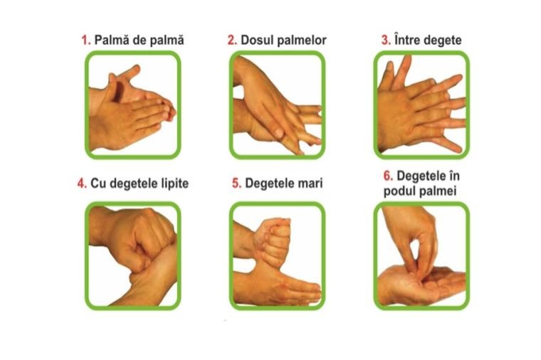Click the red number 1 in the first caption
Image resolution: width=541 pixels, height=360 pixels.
pos(86,41)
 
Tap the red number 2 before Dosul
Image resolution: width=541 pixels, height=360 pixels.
pos(232,41)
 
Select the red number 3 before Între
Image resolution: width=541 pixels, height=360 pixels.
pos(386,41)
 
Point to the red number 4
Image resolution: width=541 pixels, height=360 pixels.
pos(82,184)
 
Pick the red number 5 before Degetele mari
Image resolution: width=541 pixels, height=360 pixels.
pos(236,184)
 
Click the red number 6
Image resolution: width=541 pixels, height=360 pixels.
pos(388,176)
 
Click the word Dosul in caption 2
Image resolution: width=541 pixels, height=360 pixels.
pos(256,40)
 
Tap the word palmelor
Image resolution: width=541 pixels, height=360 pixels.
pos(300,40)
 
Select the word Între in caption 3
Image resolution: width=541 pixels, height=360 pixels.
pos(406,40)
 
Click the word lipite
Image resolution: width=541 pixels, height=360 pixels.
pos(175,184)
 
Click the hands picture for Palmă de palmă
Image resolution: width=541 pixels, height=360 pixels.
pos(133,105)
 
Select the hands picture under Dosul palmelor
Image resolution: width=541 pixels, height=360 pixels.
pos(277,105)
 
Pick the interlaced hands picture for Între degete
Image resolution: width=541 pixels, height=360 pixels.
pos(421,105)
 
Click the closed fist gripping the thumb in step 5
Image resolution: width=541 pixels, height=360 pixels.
pos(273,241)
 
